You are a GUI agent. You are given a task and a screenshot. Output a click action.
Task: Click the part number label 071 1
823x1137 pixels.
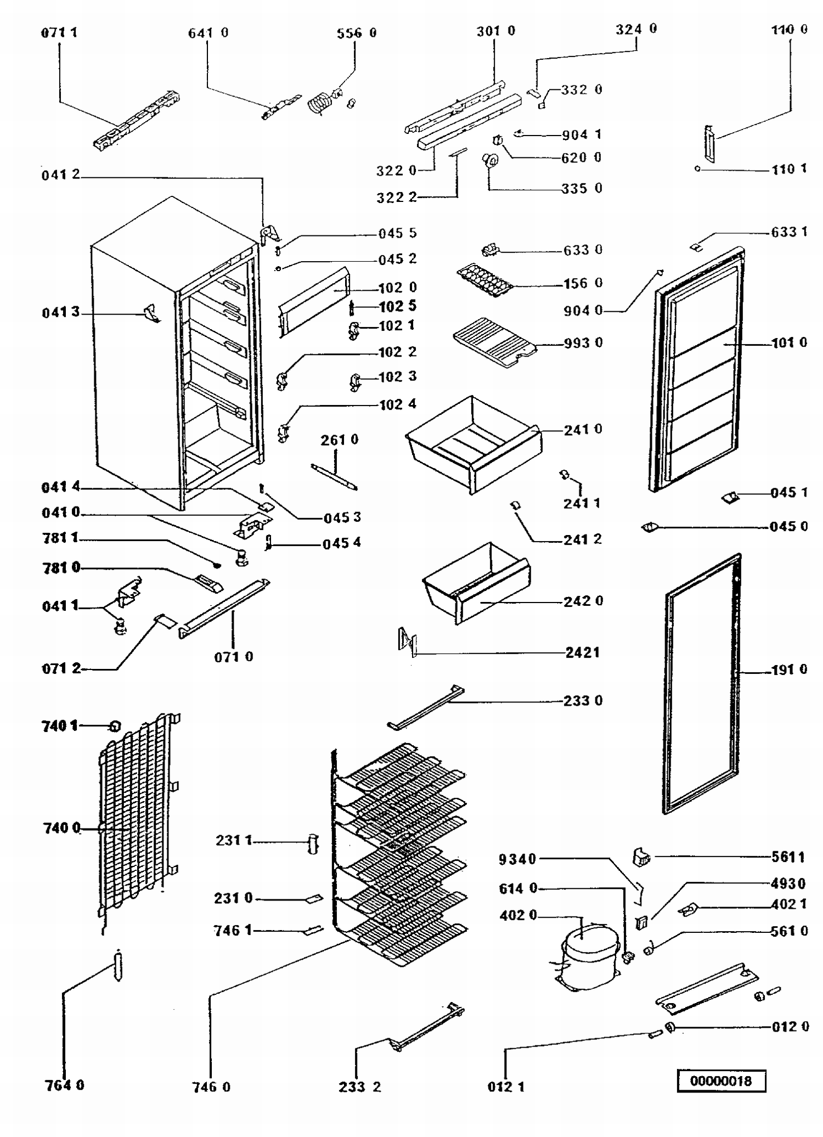59,32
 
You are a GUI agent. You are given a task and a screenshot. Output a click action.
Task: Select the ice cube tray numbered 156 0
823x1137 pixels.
485,279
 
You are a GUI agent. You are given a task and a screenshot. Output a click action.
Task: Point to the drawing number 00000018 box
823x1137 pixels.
721,1081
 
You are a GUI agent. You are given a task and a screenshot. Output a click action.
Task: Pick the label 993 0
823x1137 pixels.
583,343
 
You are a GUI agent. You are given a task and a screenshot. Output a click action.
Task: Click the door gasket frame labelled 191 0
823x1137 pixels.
703,683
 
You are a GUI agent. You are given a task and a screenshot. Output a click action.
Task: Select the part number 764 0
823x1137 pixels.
65,1085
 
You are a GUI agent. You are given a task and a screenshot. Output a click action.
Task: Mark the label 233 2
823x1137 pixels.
359,1087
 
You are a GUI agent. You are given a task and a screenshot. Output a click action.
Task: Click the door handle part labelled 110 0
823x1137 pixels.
710,143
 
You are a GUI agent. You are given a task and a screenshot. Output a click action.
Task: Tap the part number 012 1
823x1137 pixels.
506,1087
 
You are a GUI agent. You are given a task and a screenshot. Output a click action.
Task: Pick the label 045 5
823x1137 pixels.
397,233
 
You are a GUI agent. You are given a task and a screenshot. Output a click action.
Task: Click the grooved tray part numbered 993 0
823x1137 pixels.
492,342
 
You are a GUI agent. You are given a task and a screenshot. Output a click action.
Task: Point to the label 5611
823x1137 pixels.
788,857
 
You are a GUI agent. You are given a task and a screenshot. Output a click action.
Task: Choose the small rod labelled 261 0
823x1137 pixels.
334,476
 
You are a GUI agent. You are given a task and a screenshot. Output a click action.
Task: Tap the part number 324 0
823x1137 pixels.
636,29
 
